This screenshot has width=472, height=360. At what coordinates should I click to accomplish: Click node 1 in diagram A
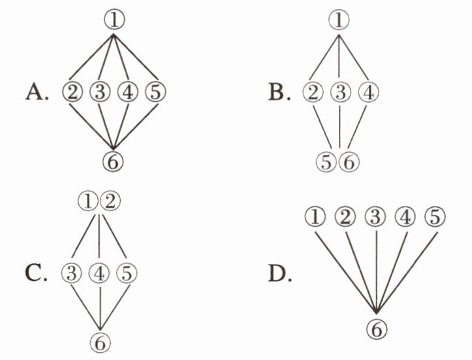(114, 20)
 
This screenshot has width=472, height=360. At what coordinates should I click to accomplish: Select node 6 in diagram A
(113, 161)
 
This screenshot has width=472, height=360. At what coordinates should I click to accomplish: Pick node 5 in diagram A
(155, 92)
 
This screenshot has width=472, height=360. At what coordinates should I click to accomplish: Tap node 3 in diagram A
(100, 92)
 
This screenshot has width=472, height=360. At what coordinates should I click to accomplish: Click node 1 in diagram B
(339, 20)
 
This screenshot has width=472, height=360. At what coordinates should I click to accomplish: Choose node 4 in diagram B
(368, 92)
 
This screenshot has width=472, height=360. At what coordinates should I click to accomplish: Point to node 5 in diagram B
(326, 162)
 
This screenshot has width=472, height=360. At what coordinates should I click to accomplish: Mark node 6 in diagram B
(349, 162)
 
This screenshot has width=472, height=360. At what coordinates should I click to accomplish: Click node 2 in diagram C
(110, 201)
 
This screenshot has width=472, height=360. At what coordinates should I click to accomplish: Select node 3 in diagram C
(71, 273)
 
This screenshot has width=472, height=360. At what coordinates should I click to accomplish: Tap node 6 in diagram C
(101, 342)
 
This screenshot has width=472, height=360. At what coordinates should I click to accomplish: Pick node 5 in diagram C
(127, 273)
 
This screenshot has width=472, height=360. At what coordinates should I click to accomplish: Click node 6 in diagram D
(377, 329)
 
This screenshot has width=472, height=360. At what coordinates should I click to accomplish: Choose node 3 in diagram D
(375, 216)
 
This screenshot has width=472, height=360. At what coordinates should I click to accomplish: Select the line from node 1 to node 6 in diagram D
(346, 272)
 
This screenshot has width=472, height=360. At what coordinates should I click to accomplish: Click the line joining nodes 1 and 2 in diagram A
(91, 57)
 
